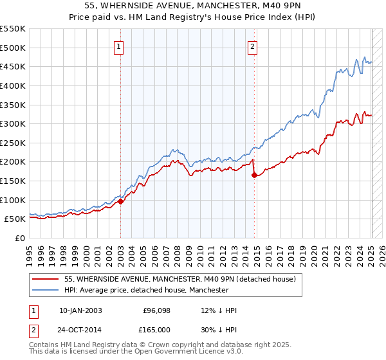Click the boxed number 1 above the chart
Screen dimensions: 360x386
(x=120, y=46)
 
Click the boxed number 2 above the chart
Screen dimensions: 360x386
(x=253, y=46)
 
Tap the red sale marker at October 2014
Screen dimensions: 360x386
(x=255, y=174)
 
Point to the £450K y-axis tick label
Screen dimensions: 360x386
(x=13, y=66)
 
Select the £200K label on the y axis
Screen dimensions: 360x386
(x=13, y=161)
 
